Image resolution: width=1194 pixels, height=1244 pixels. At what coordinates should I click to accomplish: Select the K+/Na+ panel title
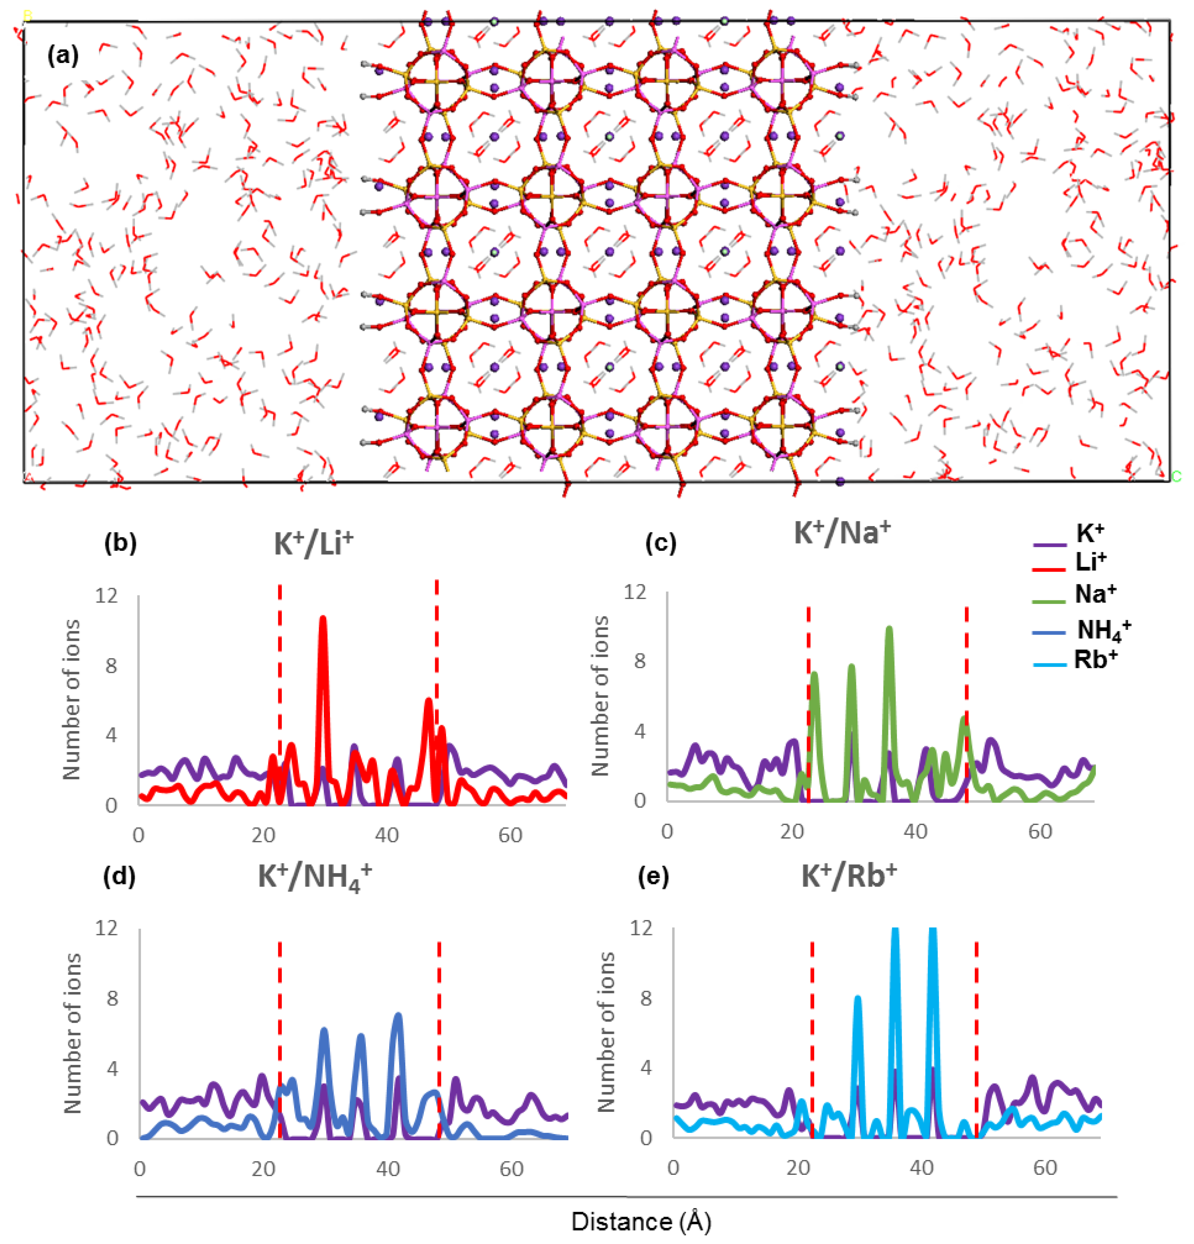(x=842, y=532)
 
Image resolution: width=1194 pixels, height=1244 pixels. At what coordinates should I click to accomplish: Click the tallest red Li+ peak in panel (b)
(x=323, y=619)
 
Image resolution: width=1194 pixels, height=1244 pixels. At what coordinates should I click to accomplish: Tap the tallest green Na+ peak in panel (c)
(x=889, y=629)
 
